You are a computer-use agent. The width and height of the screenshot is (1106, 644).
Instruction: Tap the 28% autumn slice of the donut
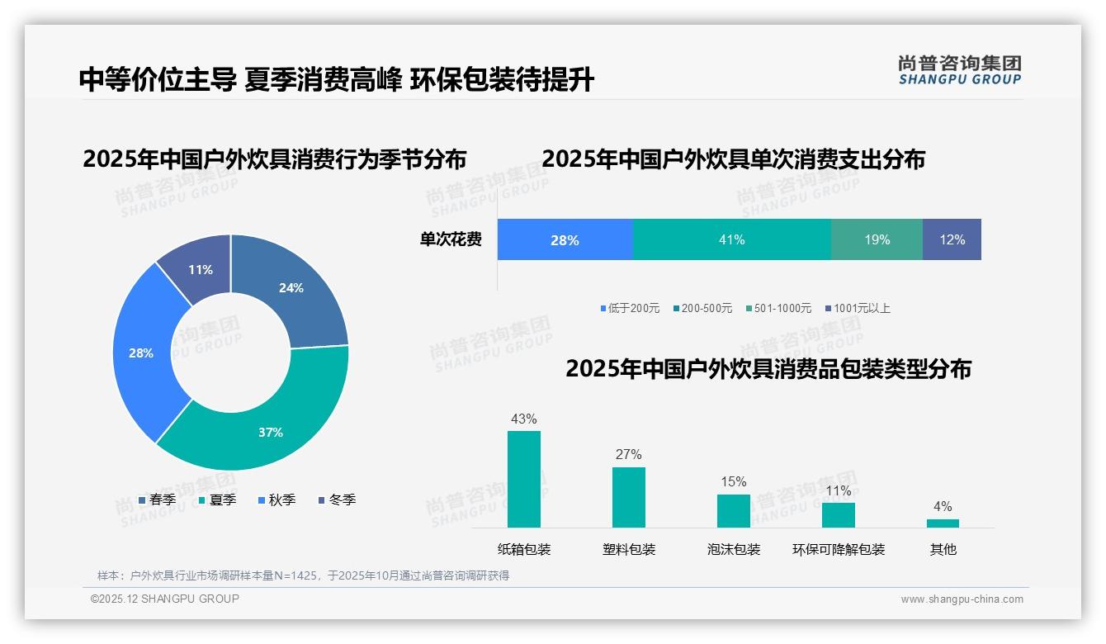(x=141, y=353)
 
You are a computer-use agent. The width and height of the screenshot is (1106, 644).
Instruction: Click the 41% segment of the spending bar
(x=731, y=239)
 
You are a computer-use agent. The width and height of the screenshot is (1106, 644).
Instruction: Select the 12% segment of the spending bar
(x=952, y=239)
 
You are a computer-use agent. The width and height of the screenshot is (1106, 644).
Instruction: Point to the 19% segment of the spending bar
(x=877, y=239)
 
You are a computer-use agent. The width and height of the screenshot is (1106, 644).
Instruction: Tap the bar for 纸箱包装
(x=524, y=479)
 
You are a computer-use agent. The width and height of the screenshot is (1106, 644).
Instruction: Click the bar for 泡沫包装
(x=733, y=511)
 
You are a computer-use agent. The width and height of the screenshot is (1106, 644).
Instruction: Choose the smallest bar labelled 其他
(x=943, y=523)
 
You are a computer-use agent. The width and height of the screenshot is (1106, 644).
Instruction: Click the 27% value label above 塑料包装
(x=628, y=454)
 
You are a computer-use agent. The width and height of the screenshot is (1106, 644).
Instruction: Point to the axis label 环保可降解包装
(x=839, y=550)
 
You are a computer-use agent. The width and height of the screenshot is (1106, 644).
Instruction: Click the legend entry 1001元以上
(x=861, y=308)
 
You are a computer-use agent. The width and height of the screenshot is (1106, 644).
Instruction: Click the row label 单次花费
(x=451, y=239)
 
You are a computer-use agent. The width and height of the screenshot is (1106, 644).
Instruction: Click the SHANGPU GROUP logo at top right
(x=959, y=70)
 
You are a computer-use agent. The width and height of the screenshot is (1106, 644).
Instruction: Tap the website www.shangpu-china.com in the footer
(x=962, y=599)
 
